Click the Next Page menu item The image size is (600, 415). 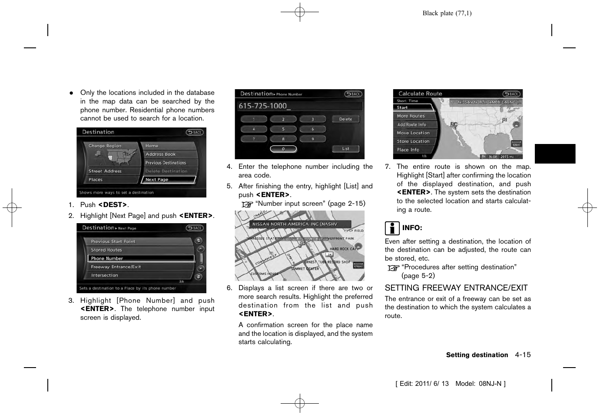tap(169, 180)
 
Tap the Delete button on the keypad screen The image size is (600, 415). tap(345, 119)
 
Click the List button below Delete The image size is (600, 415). tap(345, 149)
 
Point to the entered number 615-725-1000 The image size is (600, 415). tap(263, 106)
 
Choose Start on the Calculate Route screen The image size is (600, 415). tap(413, 107)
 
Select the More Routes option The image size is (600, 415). tap(413, 116)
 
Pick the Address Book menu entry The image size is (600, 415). tap(169, 154)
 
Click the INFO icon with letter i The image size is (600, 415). tap(392, 228)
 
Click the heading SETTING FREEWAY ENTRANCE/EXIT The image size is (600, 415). tap(456, 288)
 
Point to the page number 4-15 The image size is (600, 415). tap(523, 355)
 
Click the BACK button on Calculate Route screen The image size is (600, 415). tap(511, 94)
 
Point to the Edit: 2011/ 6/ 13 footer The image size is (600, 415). tap(424, 384)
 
